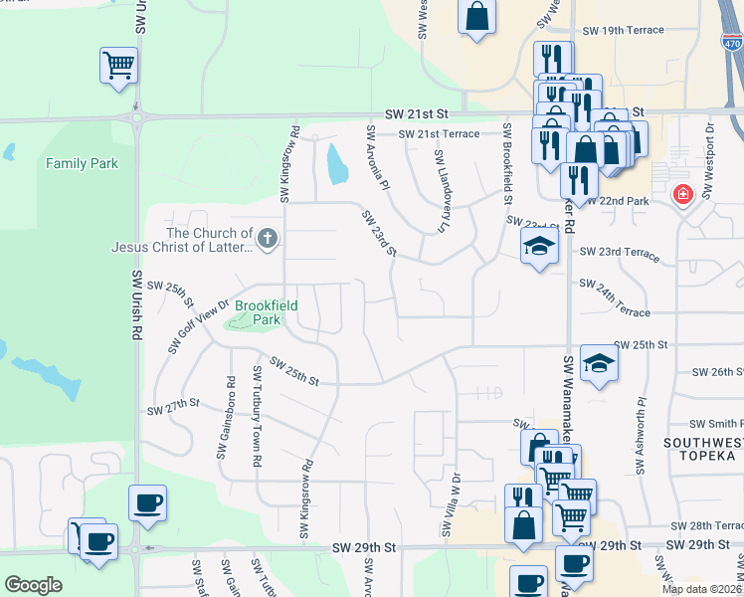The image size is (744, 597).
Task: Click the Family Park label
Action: tap(82, 163)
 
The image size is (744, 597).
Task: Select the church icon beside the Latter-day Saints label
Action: tap(267, 238)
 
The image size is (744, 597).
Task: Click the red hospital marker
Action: tap(681, 193)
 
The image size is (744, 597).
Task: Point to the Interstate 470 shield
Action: tap(733, 43)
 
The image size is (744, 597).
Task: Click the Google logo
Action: tap(33, 585)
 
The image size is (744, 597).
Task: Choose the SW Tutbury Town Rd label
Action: tap(259, 416)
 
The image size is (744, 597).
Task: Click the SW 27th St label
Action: tap(174, 408)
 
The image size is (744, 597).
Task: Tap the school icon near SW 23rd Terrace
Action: tap(539, 246)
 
